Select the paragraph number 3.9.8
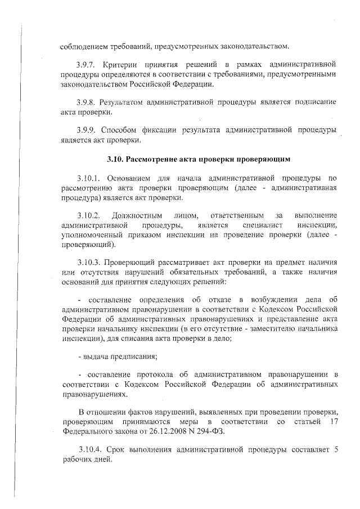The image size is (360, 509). tap(88, 102)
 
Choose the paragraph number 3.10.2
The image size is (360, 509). tap(90, 216)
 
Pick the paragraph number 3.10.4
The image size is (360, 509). tap(90, 451)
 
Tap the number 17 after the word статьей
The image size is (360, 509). tap(333, 421)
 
